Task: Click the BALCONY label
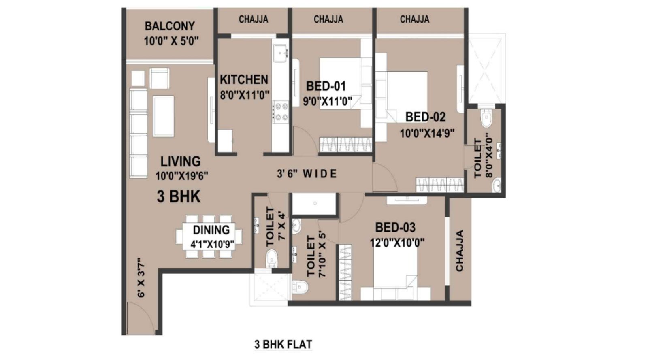pos(170,26)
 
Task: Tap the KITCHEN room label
pos(244,80)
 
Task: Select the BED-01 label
pos(326,86)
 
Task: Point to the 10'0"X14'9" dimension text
pos(427,133)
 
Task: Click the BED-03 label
pos(395,227)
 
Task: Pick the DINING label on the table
pos(211,230)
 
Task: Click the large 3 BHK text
pos(179,197)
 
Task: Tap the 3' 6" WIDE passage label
pos(307,174)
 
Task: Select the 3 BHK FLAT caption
pos(283,345)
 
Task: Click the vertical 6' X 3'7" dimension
pos(141,277)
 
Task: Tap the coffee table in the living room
pos(164,116)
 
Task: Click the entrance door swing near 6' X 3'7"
pos(140,316)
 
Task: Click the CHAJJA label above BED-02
pos(414,19)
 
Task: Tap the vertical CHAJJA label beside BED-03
pos(459,251)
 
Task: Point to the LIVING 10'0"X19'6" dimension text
pos(182,176)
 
